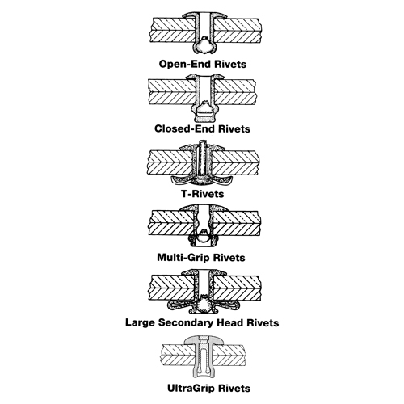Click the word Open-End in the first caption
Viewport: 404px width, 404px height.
[x=184, y=65]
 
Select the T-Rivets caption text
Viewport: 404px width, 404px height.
[x=202, y=194]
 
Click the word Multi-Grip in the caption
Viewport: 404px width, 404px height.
[x=183, y=258]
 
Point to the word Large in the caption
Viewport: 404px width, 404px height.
[x=141, y=322]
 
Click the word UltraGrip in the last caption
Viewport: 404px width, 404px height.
[x=191, y=389]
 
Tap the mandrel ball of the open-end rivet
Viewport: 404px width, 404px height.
[x=204, y=46]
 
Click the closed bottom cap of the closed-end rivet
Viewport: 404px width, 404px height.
[x=204, y=118]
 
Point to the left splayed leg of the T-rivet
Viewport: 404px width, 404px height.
[x=181, y=181]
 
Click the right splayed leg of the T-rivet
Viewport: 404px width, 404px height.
[x=223, y=181]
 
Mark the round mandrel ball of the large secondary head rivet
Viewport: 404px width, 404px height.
[x=204, y=305]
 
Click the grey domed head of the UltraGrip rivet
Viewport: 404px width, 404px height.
[x=204, y=340]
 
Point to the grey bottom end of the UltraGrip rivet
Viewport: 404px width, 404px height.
[x=204, y=374]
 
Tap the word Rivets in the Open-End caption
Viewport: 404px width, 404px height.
[x=230, y=65]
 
